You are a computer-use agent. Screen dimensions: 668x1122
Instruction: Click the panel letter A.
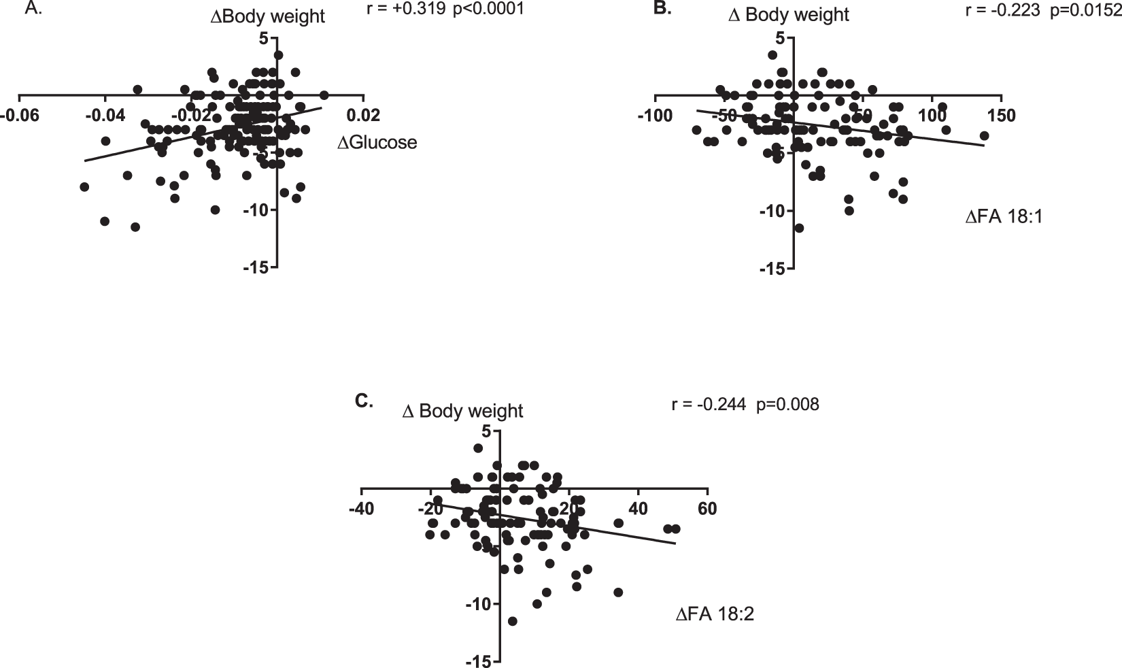[33, 9]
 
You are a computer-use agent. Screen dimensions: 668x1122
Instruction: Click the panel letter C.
[364, 401]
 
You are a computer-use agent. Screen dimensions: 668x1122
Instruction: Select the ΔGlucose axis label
[377, 143]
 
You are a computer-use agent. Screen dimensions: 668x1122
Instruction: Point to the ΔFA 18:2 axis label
[715, 614]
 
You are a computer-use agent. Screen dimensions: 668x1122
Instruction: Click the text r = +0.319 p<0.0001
[445, 11]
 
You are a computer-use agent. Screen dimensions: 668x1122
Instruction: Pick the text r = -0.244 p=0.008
[745, 405]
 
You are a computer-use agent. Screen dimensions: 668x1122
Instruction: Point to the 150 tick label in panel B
[1001, 116]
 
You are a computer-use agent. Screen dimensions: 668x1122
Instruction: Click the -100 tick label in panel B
[655, 116]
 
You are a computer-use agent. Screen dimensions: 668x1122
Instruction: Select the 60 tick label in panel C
[707, 509]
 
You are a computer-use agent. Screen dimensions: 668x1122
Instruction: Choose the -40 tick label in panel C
[360, 509]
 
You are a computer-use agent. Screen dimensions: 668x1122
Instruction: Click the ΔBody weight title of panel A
[268, 17]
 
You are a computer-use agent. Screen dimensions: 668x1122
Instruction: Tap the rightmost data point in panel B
[983, 136]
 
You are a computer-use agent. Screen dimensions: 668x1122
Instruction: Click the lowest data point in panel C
[512, 621]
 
